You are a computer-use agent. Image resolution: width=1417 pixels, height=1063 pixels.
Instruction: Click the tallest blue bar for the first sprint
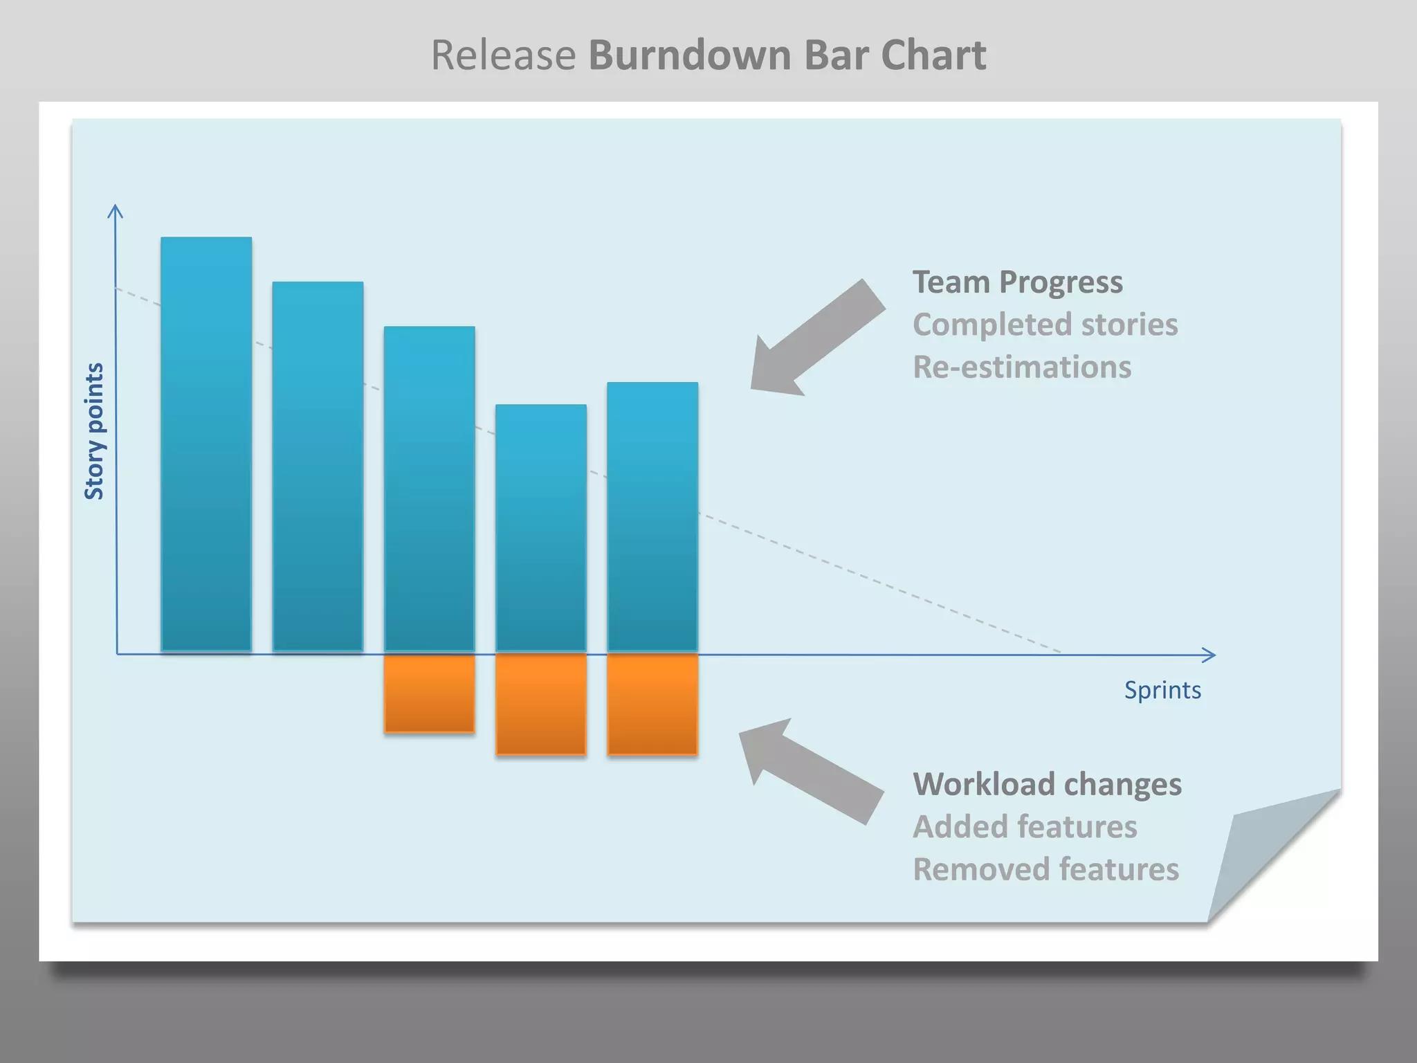(x=206, y=443)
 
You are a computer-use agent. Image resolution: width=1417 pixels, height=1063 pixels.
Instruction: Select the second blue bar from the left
(x=318, y=465)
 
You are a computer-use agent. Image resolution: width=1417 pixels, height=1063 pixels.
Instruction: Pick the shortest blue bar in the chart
(x=541, y=527)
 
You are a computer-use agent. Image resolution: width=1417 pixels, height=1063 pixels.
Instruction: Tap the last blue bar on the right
(x=652, y=516)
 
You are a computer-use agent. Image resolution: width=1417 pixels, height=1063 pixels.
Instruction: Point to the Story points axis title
(x=94, y=430)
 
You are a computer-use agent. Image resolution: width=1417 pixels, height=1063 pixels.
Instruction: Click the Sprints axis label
(x=1162, y=690)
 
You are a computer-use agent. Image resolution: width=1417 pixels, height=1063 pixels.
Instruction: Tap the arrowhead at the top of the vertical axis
(x=116, y=210)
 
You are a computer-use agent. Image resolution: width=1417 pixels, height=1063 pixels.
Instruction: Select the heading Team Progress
(x=1017, y=282)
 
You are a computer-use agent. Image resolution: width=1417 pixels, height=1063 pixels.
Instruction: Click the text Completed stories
(x=1045, y=325)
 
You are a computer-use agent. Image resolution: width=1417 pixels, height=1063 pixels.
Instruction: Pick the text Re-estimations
(x=1022, y=367)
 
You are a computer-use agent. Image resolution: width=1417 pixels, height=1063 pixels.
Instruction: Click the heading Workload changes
(x=1047, y=784)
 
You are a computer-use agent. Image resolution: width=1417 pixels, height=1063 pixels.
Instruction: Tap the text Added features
(x=1025, y=826)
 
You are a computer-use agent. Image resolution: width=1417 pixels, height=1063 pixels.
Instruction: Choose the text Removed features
(x=1045, y=869)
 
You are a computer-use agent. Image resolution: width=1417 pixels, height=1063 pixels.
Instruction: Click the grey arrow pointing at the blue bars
(x=816, y=339)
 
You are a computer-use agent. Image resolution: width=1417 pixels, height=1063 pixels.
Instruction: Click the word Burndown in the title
(x=689, y=55)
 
